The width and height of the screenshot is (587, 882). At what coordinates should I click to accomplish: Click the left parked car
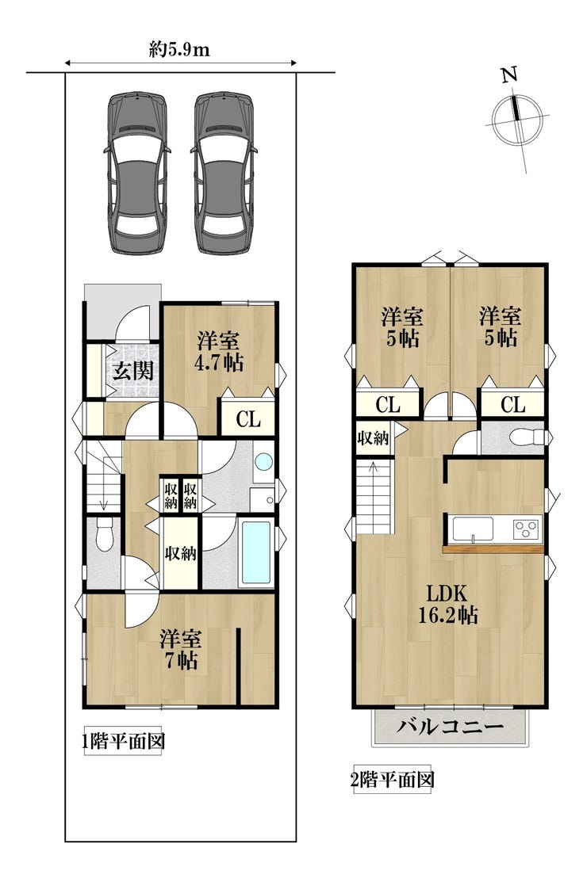click(136, 174)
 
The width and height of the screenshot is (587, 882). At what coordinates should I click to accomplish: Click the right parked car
click(224, 174)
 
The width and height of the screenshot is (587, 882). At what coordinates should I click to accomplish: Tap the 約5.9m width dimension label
click(179, 50)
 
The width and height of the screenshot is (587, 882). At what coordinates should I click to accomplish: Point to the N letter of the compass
click(510, 75)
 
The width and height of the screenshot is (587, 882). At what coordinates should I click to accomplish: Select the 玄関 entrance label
click(132, 371)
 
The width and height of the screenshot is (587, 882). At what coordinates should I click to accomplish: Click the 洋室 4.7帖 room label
click(218, 352)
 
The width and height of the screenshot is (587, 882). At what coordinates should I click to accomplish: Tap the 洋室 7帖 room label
click(180, 649)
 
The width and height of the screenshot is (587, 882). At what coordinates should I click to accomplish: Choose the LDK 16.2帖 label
click(447, 604)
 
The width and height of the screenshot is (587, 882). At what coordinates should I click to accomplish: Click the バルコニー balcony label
click(450, 726)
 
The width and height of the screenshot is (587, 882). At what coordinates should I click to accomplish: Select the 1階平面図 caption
click(124, 742)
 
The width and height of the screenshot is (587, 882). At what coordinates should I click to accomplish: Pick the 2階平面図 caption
click(393, 780)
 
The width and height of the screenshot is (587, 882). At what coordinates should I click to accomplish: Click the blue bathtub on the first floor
click(257, 554)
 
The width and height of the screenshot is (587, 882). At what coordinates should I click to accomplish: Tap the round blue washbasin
click(263, 462)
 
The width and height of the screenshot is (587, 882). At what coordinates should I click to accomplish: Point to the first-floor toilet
click(104, 534)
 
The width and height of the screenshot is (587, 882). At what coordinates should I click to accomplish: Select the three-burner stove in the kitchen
click(527, 529)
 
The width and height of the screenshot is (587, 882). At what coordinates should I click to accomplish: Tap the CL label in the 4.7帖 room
click(248, 419)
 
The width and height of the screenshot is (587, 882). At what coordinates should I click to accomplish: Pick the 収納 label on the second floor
click(373, 437)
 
